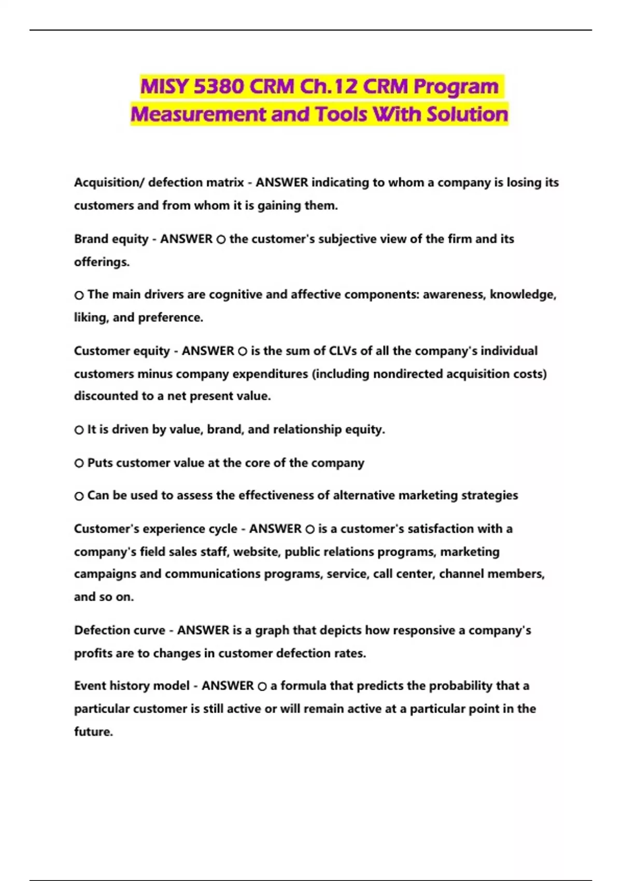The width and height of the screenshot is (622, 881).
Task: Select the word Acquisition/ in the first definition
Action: (x=109, y=182)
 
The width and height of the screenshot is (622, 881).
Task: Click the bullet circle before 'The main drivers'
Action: (x=79, y=295)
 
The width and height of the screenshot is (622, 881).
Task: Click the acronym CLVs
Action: (x=343, y=351)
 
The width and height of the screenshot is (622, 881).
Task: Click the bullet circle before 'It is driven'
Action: (x=79, y=430)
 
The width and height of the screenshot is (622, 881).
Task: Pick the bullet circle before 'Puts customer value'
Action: (x=79, y=463)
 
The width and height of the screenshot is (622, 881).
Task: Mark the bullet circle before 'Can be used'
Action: (x=79, y=496)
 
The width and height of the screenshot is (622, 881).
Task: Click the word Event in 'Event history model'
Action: (x=89, y=686)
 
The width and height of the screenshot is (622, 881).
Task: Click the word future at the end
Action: (x=93, y=732)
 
